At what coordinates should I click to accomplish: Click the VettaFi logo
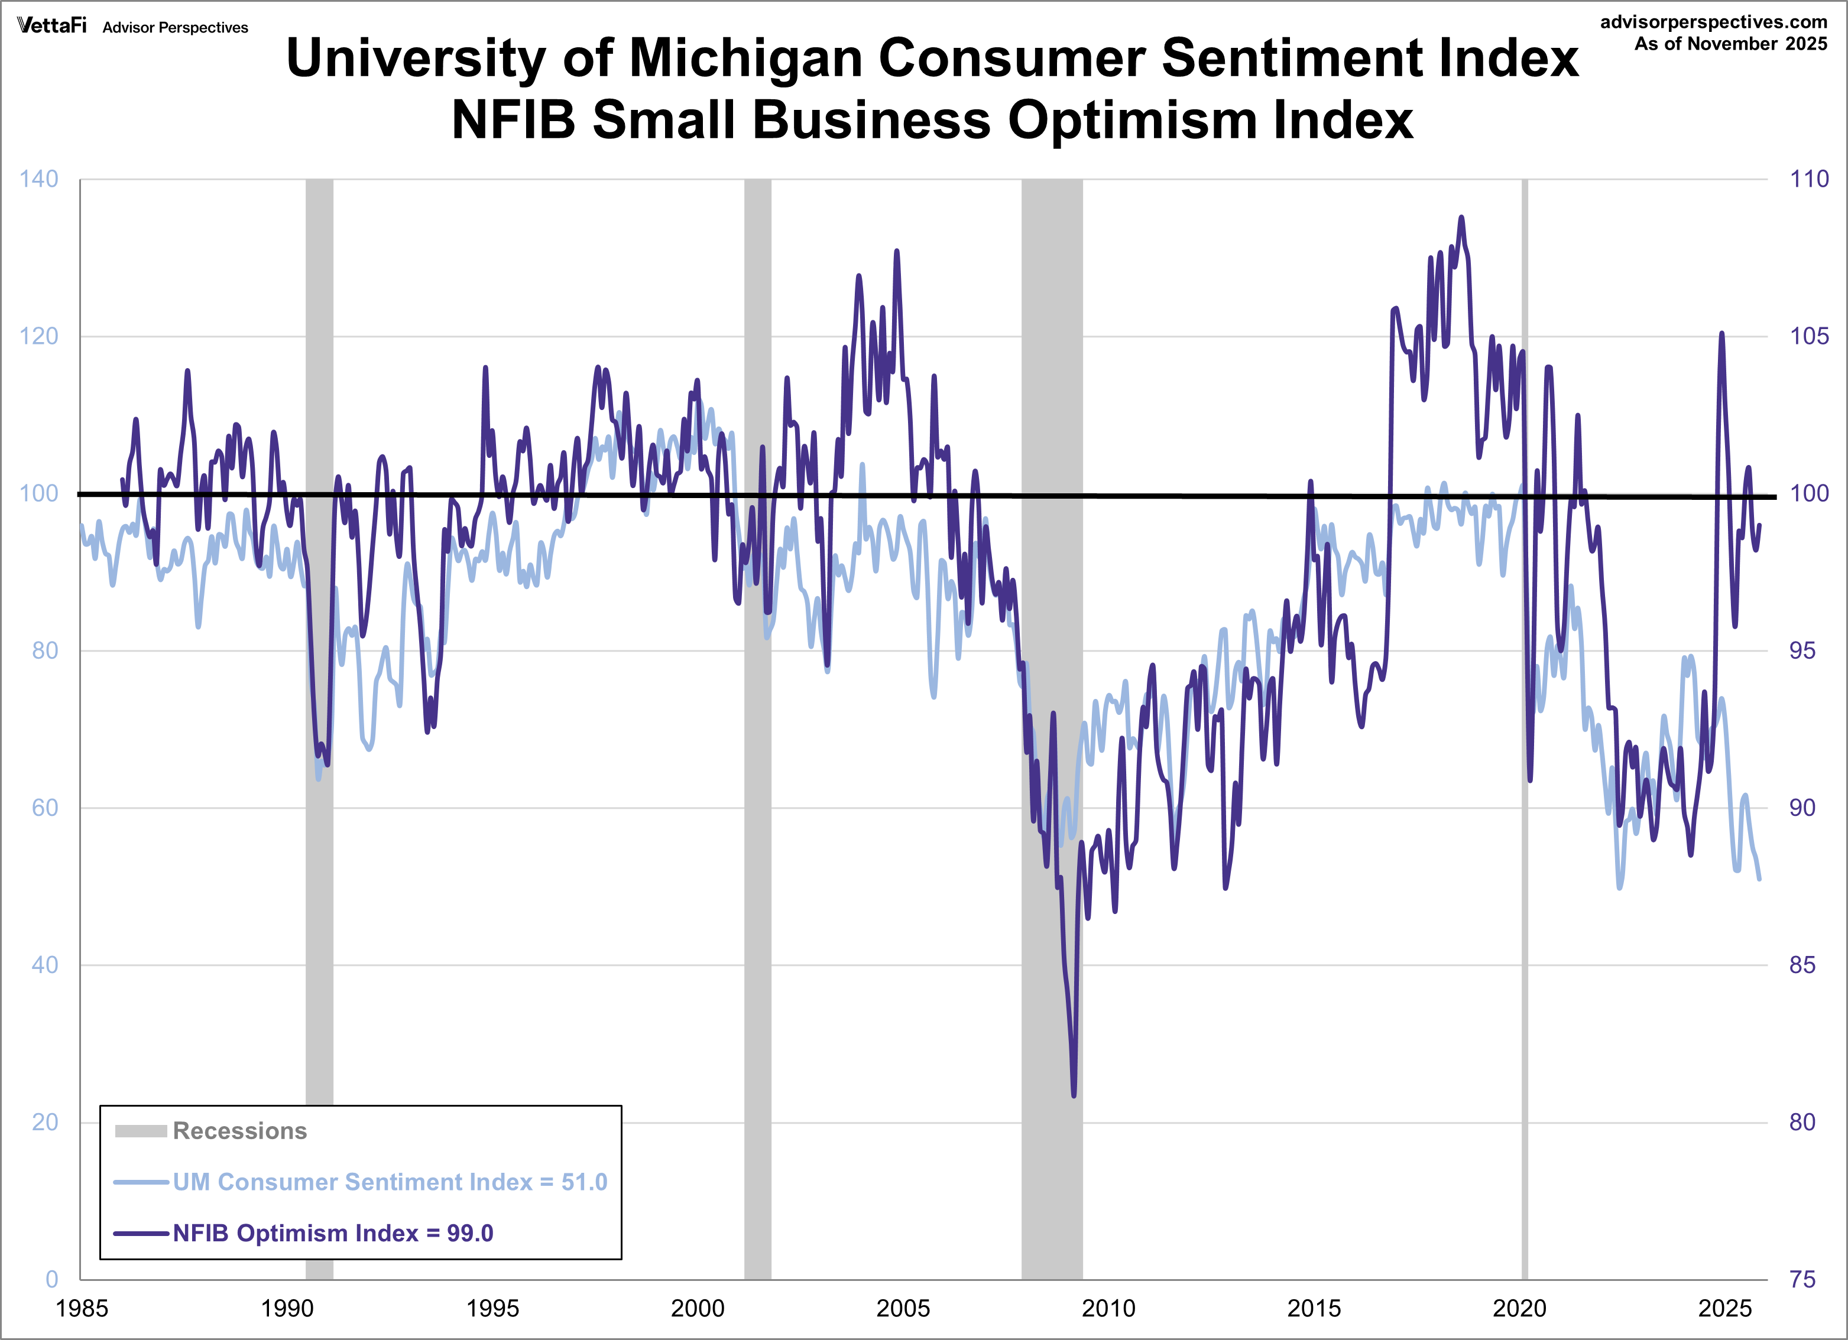pyautogui.click(x=51, y=25)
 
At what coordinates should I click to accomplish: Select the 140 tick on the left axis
pyautogui.click(x=39, y=179)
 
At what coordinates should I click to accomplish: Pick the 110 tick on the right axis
pyautogui.click(x=1808, y=179)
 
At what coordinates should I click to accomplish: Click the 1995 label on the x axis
pyautogui.click(x=492, y=1308)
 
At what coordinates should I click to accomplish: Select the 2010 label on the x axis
pyautogui.click(x=1108, y=1308)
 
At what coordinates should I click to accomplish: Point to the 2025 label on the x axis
pyautogui.click(x=1724, y=1308)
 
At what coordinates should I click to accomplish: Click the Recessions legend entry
pyautogui.click(x=239, y=1131)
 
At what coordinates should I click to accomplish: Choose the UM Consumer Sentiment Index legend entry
pyautogui.click(x=390, y=1182)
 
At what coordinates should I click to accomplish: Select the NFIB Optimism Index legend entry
pyautogui.click(x=332, y=1233)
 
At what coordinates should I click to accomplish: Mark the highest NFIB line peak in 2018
pyautogui.click(x=1461, y=217)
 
